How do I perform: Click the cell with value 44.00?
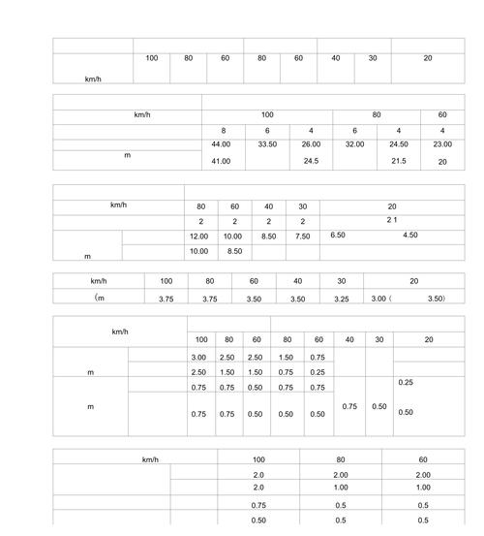[x=221, y=144]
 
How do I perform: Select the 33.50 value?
[x=268, y=144]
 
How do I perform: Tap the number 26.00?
[x=311, y=144]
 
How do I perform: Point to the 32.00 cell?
[x=354, y=144]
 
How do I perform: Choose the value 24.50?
[x=399, y=144]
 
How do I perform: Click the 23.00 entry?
[x=442, y=144]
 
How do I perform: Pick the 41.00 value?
[x=221, y=161]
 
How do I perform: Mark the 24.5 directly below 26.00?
[x=311, y=161]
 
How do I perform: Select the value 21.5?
[x=399, y=161]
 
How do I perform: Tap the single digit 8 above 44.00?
[x=223, y=130]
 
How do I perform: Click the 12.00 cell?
[x=198, y=236]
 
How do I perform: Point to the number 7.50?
[x=303, y=236]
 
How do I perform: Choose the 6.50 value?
[x=338, y=235]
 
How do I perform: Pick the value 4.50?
[x=410, y=235]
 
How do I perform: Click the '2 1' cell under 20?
[x=392, y=221]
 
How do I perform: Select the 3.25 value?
[x=342, y=299]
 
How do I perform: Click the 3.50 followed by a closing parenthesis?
[x=437, y=299]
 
